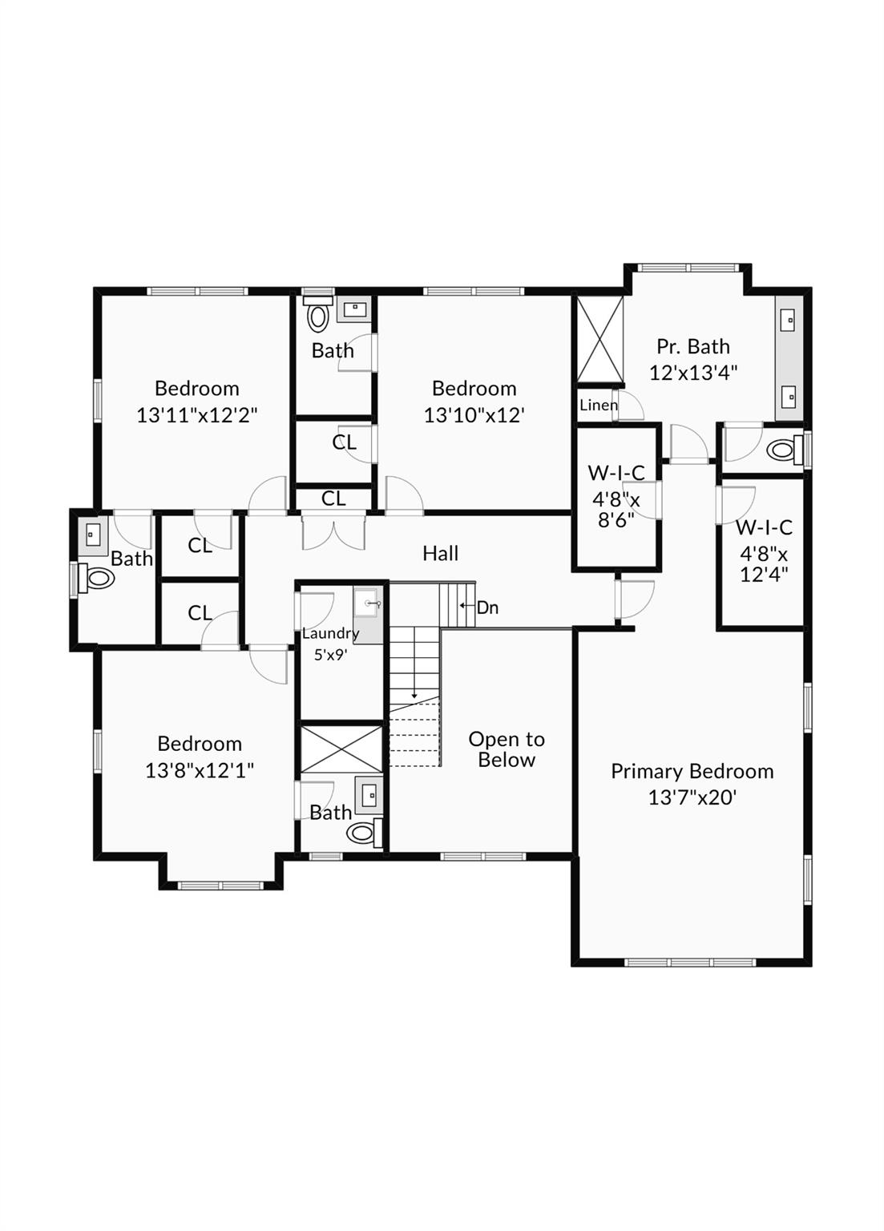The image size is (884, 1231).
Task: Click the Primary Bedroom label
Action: point(692,772)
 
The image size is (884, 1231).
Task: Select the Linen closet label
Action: point(599,405)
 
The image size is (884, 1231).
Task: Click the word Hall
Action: point(440,554)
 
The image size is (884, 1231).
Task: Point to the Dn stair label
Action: point(487,607)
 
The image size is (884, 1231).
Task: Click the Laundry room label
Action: point(330,634)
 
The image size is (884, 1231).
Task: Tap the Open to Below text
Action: point(506,749)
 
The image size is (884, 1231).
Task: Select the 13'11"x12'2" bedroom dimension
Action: point(196,415)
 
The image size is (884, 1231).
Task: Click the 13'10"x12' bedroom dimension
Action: point(474,415)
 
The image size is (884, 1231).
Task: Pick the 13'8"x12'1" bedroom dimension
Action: point(200,770)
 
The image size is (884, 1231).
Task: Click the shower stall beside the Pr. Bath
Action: point(599,339)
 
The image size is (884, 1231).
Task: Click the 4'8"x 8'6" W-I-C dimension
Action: point(616,510)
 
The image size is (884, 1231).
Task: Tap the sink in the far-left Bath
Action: point(92,533)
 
